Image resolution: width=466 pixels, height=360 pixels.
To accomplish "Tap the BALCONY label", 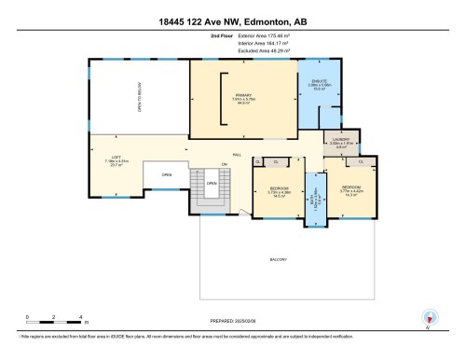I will (x=279, y=258).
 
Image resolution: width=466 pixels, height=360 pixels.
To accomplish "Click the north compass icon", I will (x=429, y=318).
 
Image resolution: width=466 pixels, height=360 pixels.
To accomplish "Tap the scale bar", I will (x=55, y=321).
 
